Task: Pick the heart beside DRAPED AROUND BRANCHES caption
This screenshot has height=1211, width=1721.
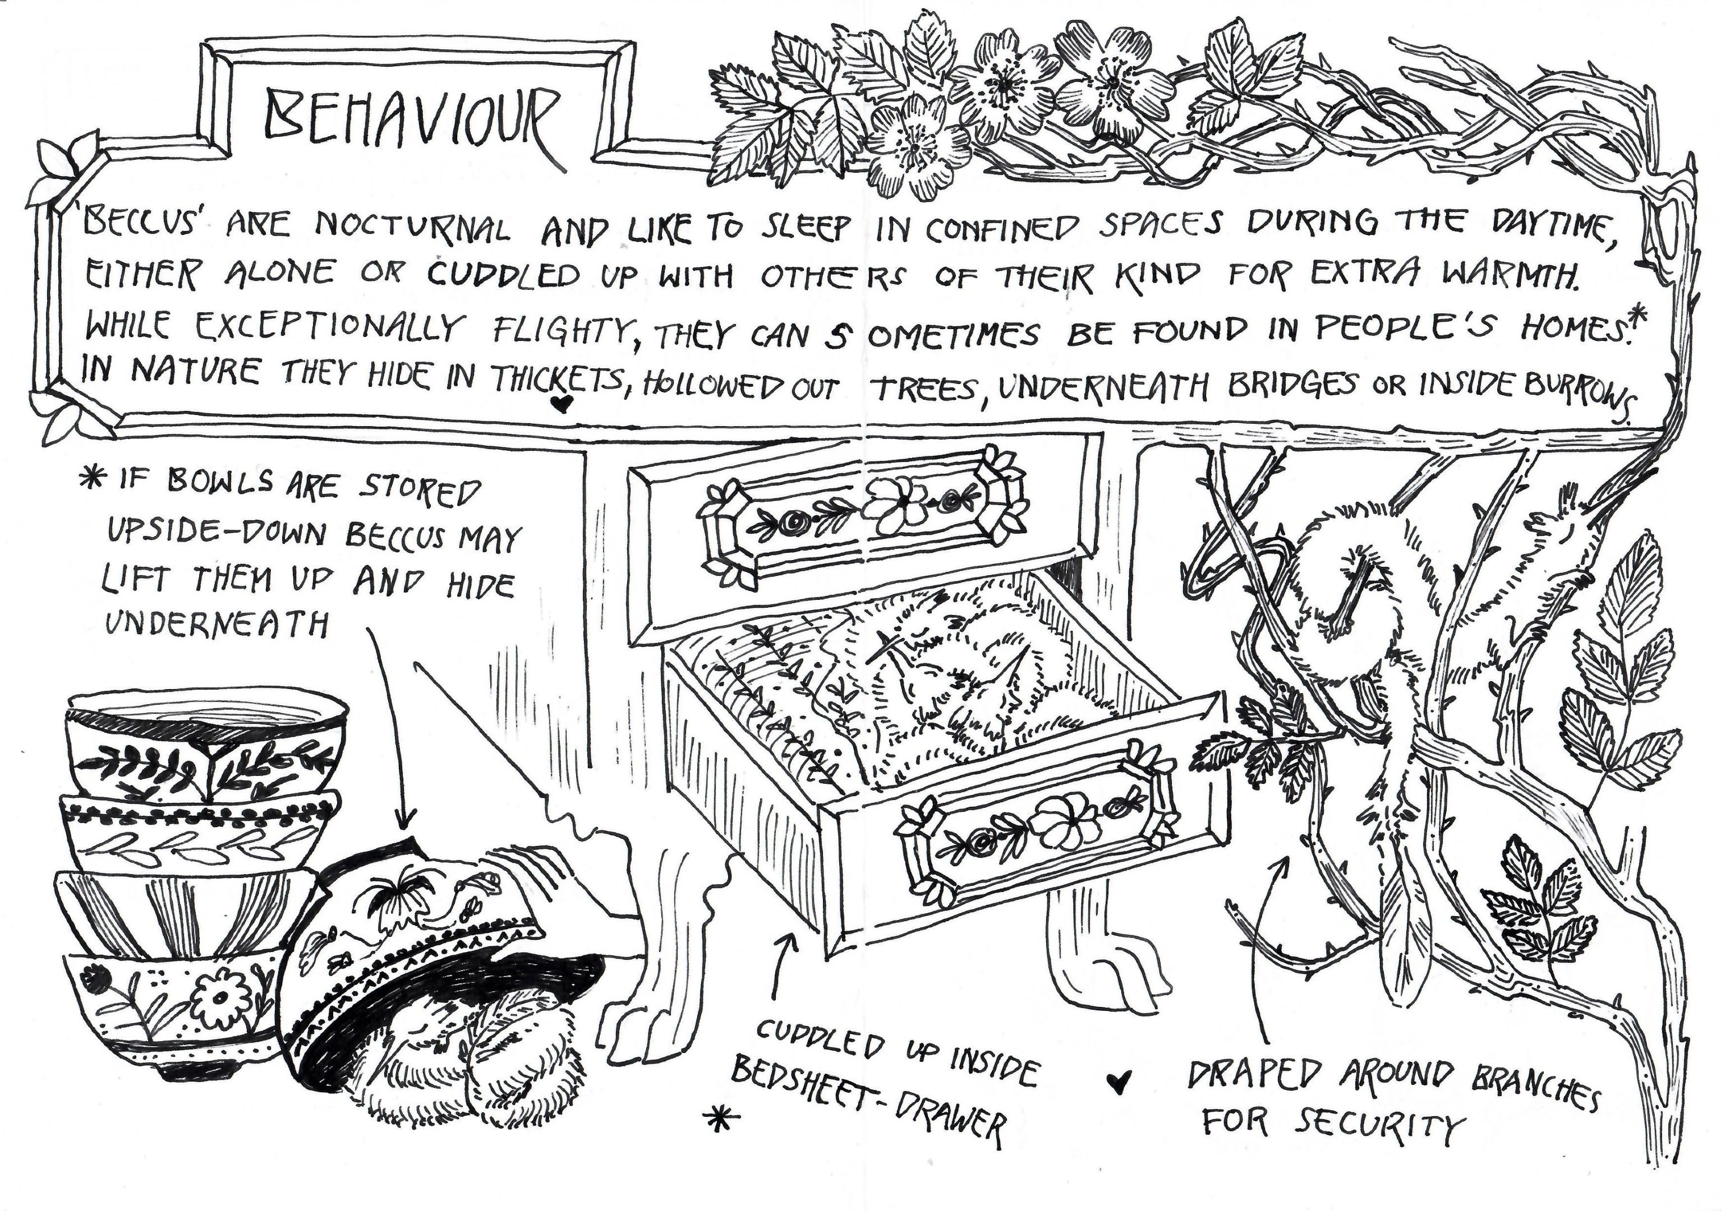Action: point(1119,1081)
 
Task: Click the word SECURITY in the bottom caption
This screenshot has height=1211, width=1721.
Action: point(1379,1124)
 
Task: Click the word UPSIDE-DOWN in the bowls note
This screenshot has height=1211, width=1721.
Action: point(218,534)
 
